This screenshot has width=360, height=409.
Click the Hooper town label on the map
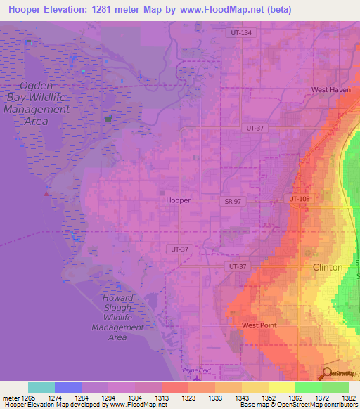[178, 200]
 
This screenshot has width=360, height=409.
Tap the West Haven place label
[331, 90]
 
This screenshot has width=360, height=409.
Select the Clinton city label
[328, 268]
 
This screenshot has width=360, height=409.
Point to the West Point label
[259, 325]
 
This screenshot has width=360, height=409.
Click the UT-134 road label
[240, 33]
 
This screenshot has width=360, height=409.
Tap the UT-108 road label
[300, 199]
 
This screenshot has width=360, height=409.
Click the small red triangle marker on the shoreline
[47, 193]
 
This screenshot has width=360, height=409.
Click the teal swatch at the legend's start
[41, 387]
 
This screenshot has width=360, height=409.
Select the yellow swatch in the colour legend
[281, 387]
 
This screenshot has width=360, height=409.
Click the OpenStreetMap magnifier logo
[326, 374]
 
